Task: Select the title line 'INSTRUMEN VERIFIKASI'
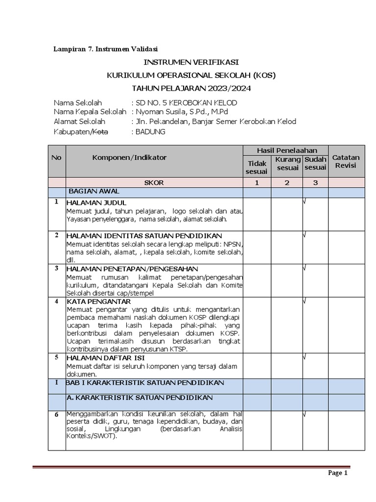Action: [191, 63]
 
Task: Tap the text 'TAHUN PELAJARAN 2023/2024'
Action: [191, 88]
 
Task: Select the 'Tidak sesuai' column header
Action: [257, 167]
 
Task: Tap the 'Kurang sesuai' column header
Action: [287, 164]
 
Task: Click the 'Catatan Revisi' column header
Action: [346, 161]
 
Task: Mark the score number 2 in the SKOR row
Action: [287, 183]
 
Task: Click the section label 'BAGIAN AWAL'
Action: [94, 191]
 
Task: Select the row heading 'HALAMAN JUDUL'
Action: [96, 202]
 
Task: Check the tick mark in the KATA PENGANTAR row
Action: [305, 301]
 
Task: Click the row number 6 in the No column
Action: [57, 415]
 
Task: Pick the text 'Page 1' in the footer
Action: [337, 473]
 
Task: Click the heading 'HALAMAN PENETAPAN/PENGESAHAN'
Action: [132, 269]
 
